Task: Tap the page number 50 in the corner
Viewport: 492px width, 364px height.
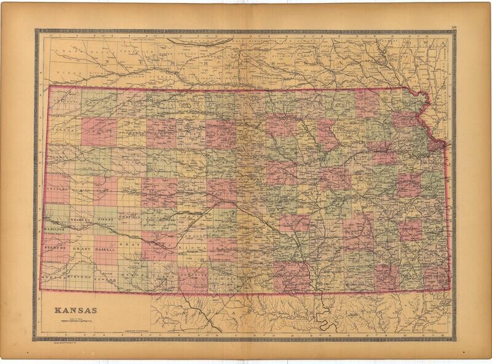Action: (453, 26)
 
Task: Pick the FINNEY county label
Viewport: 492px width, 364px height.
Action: (106, 219)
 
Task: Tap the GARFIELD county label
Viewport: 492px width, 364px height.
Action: (130, 217)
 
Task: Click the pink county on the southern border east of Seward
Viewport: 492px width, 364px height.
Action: (192, 280)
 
